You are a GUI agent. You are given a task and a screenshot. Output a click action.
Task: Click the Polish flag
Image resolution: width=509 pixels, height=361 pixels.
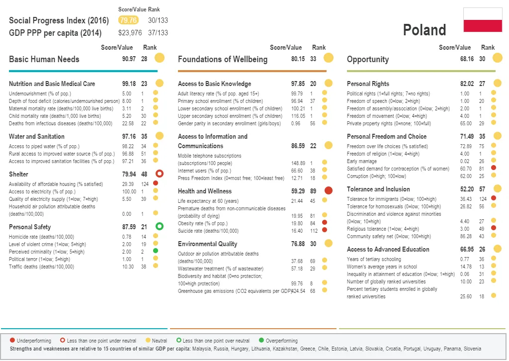click(483, 20)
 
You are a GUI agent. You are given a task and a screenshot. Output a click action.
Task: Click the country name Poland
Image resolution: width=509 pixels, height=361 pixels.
click(424, 30)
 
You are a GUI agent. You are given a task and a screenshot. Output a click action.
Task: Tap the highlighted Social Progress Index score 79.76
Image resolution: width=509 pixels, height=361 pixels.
click(128, 20)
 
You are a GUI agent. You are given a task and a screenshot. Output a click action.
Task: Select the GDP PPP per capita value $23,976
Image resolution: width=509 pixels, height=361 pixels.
click(130, 33)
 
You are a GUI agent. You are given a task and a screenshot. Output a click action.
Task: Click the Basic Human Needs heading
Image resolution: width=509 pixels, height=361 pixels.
click(44, 59)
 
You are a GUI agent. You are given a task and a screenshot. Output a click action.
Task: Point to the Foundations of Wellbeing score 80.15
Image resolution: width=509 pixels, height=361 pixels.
click(298, 59)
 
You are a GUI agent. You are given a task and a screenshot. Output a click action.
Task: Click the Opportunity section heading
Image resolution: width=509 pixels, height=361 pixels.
click(368, 59)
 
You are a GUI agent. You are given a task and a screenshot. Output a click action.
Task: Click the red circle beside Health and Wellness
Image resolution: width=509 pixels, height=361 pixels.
click(328, 190)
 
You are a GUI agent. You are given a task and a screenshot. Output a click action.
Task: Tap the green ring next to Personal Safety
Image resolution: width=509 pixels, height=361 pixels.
click(160, 227)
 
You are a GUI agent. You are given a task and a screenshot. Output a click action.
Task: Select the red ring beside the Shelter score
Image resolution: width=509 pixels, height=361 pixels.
click(160, 174)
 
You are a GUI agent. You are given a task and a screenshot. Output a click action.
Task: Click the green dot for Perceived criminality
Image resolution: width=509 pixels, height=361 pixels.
click(156, 252)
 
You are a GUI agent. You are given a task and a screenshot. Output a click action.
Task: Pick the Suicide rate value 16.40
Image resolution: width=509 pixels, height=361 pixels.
click(297, 231)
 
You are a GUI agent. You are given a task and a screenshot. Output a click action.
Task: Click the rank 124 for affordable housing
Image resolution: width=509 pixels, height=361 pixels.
click(144, 184)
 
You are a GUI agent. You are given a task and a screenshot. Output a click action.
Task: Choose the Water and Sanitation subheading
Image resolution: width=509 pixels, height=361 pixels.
click(37, 136)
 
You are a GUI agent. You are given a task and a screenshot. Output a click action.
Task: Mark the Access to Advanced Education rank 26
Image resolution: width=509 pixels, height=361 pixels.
click(482, 249)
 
